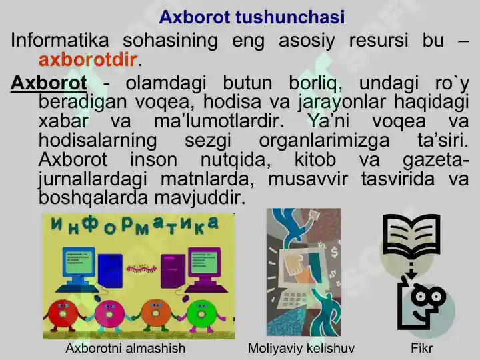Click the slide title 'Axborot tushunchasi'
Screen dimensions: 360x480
pos(251,17)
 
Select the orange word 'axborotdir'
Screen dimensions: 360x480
pos(88,60)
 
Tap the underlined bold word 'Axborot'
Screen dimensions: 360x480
pos(49,84)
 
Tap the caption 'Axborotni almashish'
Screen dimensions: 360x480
pos(125,348)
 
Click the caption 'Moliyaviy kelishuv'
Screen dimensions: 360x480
pos(301,348)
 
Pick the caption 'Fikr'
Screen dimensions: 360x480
pos(422,348)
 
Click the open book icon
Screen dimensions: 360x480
pos(412,236)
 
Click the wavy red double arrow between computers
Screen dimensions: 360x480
pos(139,268)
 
